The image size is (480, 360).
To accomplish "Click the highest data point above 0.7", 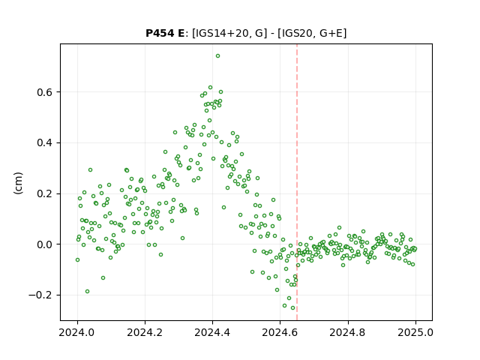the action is (217, 56).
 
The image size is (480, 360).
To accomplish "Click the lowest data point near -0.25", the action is (292, 308).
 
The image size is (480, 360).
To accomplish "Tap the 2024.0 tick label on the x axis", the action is (77, 332).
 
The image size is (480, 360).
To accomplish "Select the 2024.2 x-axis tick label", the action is (145, 332).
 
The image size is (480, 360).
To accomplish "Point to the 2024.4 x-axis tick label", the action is (212, 332).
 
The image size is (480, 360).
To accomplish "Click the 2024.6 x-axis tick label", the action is (280, 332).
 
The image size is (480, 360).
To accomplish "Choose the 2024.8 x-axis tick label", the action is (348, 332).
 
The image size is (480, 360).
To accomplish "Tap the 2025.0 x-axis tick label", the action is (415, 332).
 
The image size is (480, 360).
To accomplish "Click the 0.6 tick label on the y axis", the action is (45, 92).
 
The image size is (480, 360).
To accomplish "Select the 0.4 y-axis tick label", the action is (45, 143).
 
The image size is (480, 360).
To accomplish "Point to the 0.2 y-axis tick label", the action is (45, 193).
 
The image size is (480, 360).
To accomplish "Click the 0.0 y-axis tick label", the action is (45, 244).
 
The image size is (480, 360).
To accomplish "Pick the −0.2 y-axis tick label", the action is (41, 295).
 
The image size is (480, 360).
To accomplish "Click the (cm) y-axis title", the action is (18, 183).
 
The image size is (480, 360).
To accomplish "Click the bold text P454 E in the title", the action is (165, 33).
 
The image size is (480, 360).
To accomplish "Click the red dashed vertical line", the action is (297, 182).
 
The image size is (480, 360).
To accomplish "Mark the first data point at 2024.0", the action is (77, 260).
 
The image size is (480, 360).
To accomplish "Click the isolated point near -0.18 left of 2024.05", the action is (87, 292).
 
